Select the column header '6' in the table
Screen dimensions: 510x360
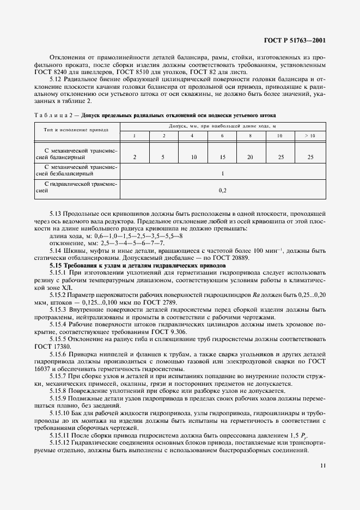[222, 135]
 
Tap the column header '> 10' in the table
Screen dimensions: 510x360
[310, 135]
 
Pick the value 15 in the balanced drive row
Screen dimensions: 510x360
[222, 157]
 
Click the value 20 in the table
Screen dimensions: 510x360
[251, 157]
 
